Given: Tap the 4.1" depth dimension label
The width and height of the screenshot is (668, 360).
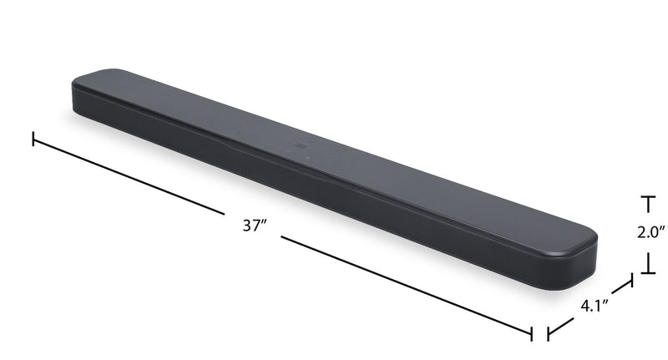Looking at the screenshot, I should coord(594,305).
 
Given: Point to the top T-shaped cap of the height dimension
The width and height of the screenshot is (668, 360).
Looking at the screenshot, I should coord(647,200).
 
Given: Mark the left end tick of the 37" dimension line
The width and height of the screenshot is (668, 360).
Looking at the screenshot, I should coord(33,139).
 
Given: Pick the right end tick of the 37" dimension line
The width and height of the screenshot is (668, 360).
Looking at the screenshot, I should coord(532,332).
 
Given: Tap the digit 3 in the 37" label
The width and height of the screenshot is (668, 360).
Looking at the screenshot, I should coord(246,225).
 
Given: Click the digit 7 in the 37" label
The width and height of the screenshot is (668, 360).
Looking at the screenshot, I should coord(256,225).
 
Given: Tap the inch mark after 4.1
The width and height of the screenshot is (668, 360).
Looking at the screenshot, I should coord(605,301).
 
